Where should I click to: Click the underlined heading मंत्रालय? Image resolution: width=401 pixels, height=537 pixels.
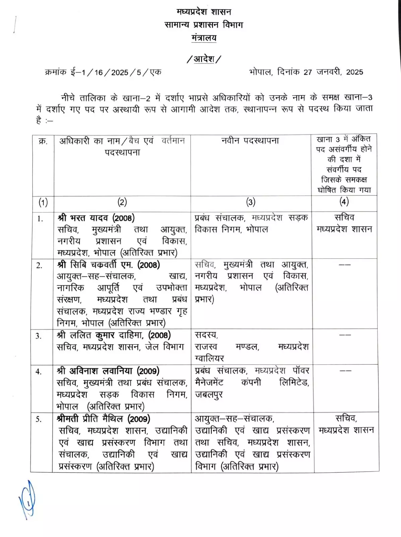204,38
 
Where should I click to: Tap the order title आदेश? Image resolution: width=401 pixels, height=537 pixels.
204,59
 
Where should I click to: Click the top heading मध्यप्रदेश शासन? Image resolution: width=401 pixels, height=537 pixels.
204,12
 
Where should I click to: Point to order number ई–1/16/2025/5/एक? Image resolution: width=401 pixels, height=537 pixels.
116,72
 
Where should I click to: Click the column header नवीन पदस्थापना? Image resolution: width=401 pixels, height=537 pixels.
250,141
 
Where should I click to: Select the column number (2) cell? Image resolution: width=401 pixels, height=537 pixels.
122,202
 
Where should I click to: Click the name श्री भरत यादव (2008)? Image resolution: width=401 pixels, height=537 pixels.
96,218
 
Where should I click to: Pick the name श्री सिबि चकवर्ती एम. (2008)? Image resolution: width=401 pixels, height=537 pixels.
109,265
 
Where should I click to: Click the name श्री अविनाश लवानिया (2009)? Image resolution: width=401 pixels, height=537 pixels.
108,371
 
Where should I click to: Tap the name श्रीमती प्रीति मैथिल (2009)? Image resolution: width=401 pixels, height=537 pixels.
104,419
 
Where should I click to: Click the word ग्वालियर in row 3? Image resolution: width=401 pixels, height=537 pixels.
209,358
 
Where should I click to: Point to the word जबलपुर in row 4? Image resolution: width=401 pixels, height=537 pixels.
209,395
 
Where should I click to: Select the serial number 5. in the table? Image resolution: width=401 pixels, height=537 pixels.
39,419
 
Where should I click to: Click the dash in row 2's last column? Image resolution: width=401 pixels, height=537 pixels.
345,265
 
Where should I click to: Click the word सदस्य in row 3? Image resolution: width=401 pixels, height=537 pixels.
206,335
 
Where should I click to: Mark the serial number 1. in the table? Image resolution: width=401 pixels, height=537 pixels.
40,219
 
